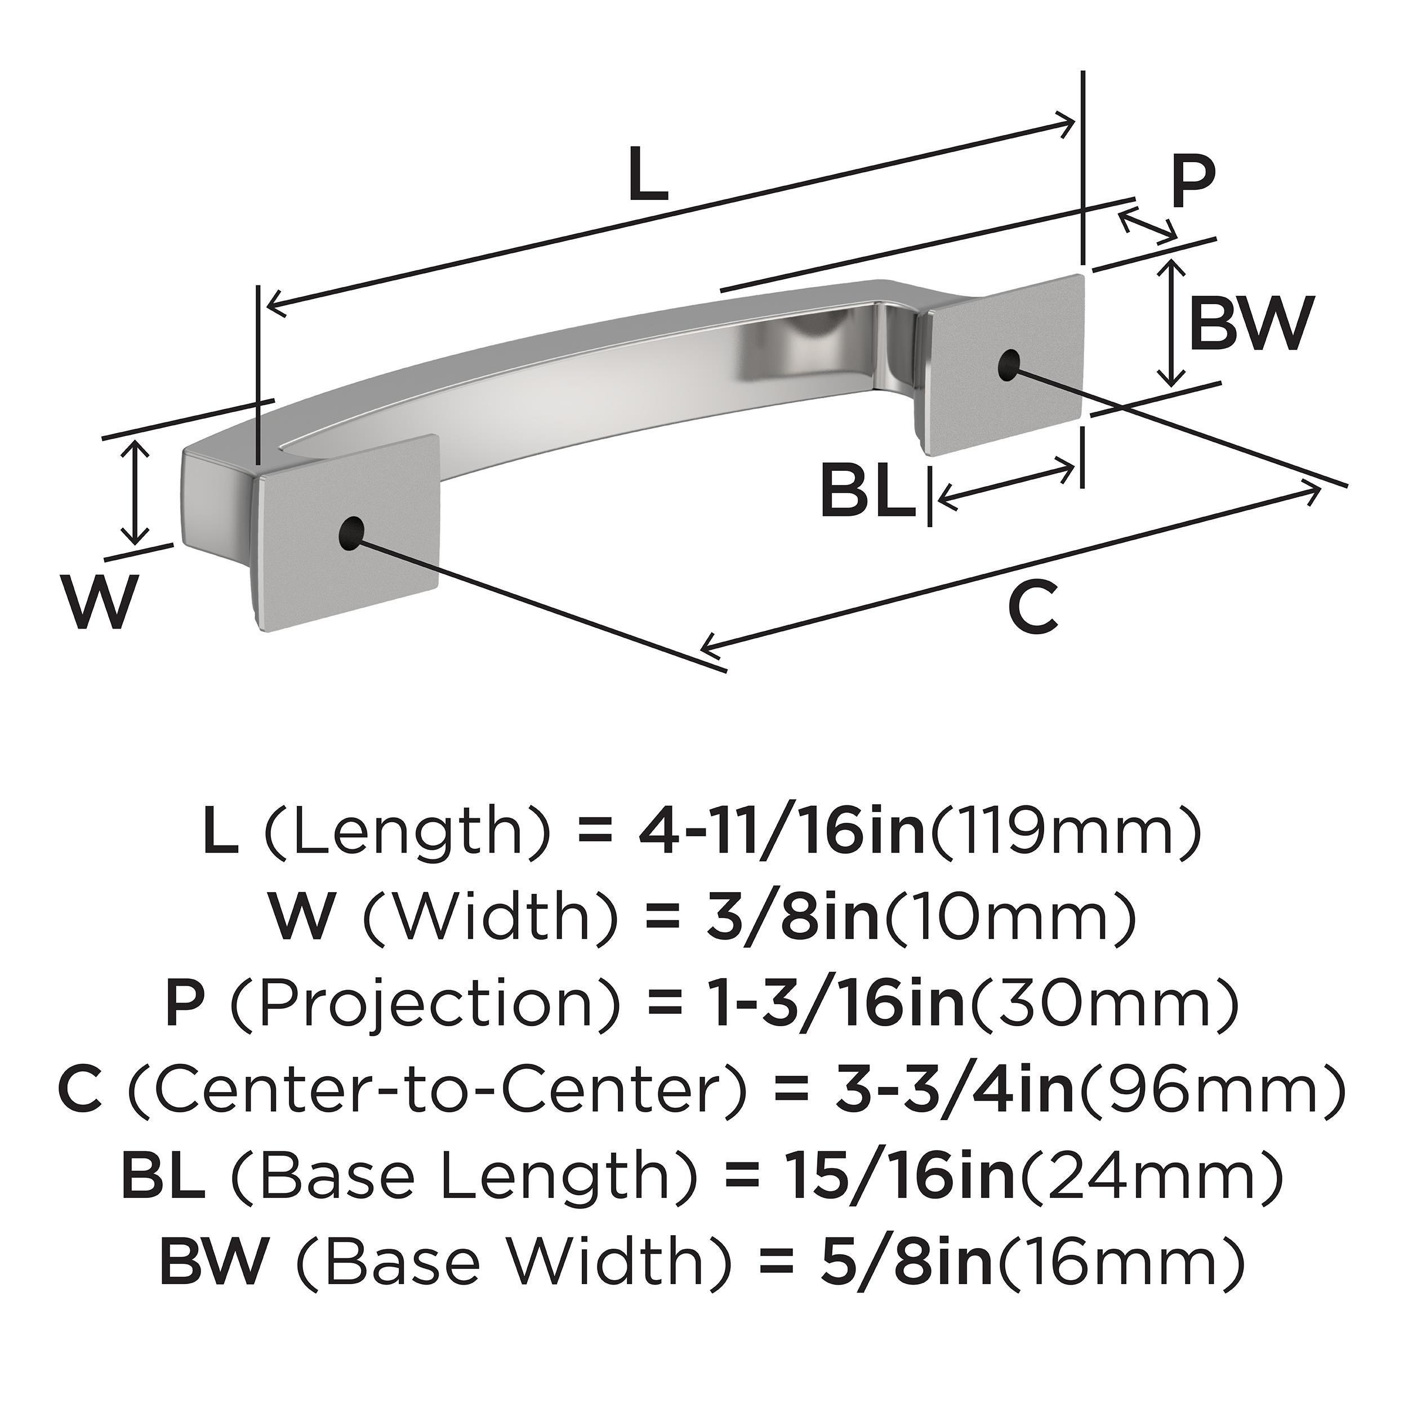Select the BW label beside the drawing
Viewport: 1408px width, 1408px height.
pyautogui.click(x=1250, y=323)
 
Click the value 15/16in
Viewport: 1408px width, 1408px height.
pyautogui.click(x=897, y=1174)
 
